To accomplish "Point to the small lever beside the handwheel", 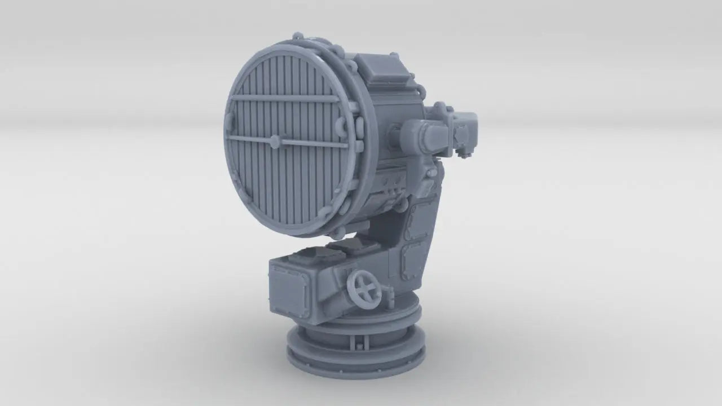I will pos(387,293).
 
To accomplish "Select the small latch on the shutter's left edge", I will pos(228,118).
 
